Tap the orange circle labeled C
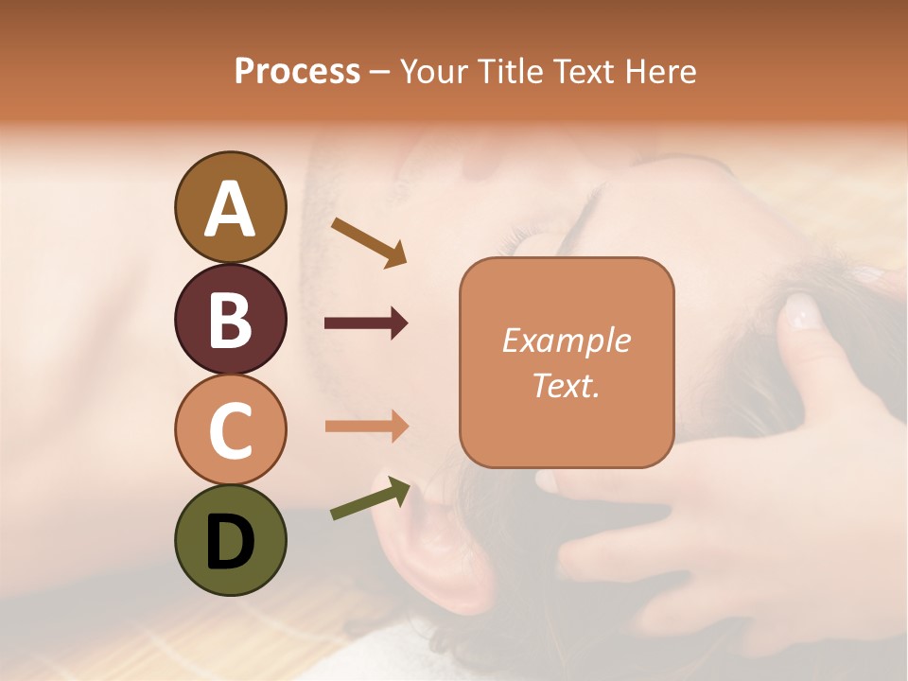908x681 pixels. (x=230, y=429)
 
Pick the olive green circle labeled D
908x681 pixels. (x=230, y=540)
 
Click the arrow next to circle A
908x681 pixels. (x=369, y=241)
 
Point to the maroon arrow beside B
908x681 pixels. (x=366, y=323)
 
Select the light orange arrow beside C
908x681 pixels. (x=366, y=427)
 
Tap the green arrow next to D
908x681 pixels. (x=370, y=498)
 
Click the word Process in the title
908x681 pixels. (x=297, y=72)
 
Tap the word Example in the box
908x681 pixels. (x=566, y=341)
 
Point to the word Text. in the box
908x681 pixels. (x=566, y=386)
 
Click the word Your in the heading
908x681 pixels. (x=435, y=72)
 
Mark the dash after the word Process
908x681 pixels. (x=380, y=73)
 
